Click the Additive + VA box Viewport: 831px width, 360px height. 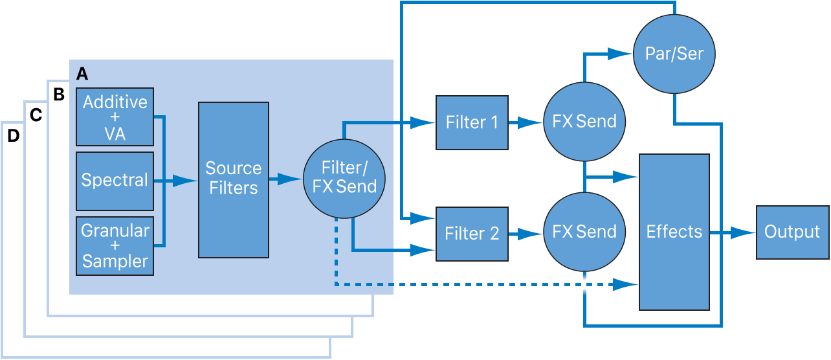tap(115, 117)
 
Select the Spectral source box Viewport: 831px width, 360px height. tap(115, 181)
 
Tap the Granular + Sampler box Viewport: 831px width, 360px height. tap(115, 247)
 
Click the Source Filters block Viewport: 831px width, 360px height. tap(233, 179)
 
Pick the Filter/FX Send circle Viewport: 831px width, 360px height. tap(344, 178)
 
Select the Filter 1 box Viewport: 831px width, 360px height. tap(472, 122)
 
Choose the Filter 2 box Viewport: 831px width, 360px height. tap(472, 234)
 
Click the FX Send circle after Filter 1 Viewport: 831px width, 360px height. tap(584, 122)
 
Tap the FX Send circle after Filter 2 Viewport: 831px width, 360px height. tap(584, 232)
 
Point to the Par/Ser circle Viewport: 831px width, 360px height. tap(674, 53)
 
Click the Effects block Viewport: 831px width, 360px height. tap(674, 232)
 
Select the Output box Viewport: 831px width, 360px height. tap(792, 232)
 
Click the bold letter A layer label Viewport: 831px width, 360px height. tap(82, 74)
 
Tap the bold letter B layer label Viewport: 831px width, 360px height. tap(59, 95)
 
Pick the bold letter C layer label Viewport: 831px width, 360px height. tap(36, 115)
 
